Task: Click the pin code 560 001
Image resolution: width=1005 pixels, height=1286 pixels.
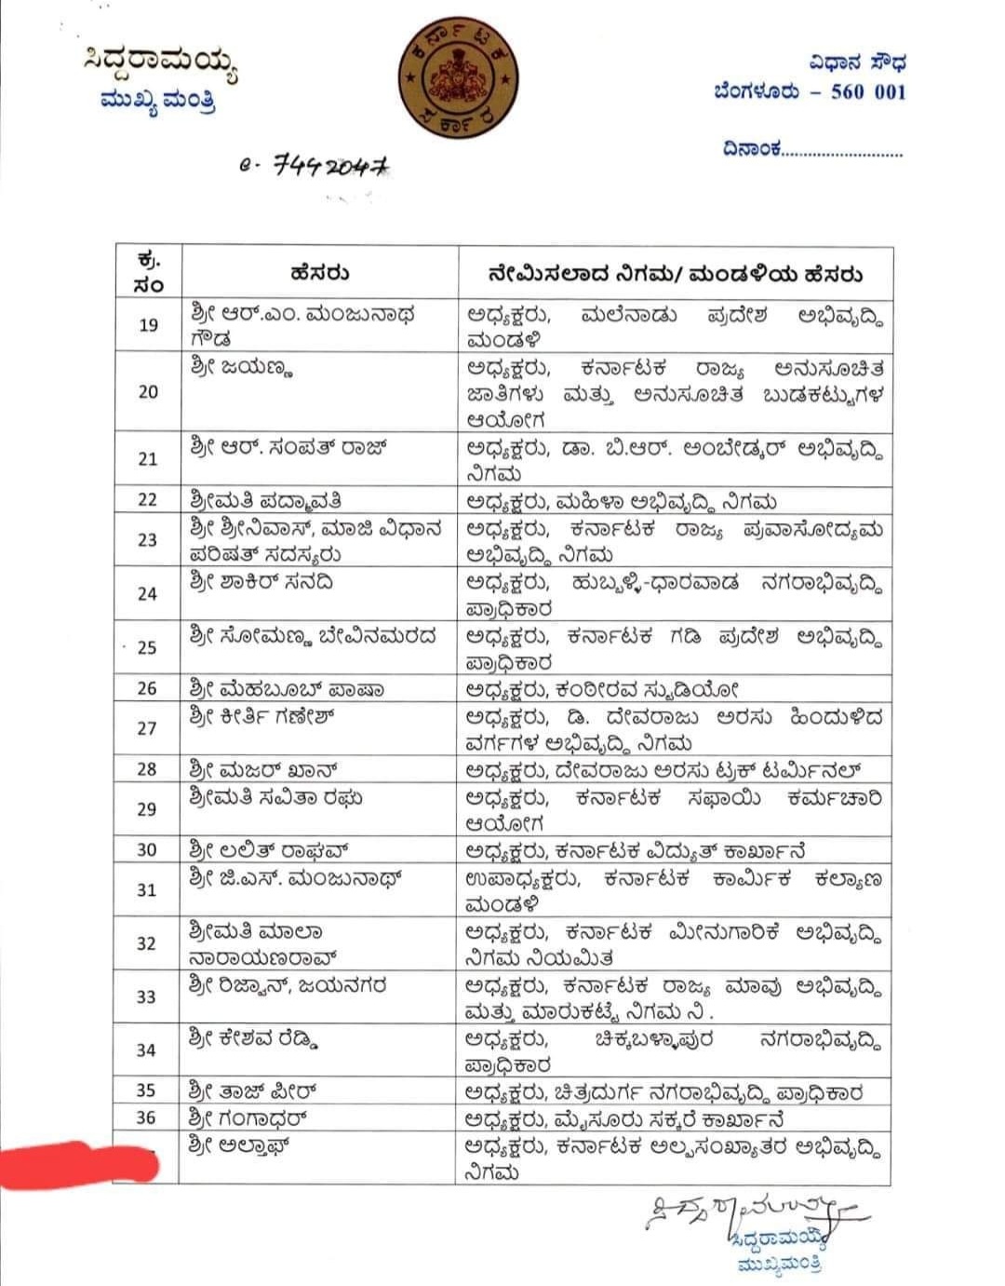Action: [867, 91]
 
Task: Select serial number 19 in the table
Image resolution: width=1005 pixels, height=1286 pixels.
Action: [148, 325]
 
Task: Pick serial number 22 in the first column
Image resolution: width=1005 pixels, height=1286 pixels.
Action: [148, 499]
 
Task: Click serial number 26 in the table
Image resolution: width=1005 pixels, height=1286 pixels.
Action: [147, 689]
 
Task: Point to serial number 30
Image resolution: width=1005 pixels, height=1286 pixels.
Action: [147, 850]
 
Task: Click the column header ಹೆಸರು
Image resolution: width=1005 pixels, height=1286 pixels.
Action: [319, 274]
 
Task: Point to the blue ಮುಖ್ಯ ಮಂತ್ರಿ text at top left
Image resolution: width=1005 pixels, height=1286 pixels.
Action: [158, 100]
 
